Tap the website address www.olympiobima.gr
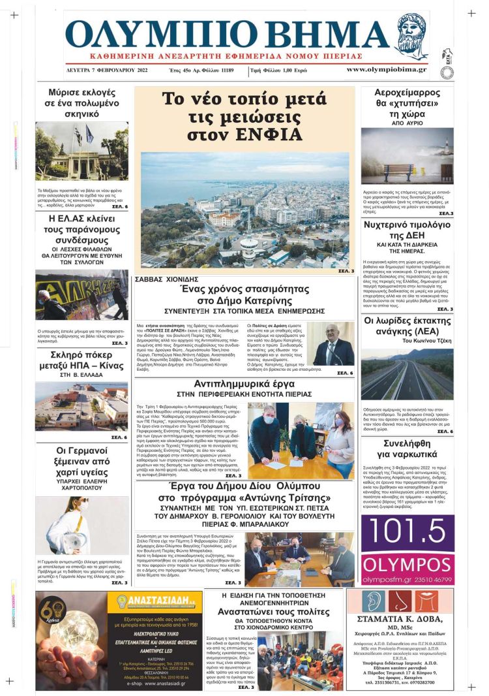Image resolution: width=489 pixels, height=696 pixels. pos(387,69)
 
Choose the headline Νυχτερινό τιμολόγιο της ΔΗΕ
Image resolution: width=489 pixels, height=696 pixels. pos(407,232)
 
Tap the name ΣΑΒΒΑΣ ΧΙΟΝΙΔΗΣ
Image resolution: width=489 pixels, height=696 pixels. pos(166,279)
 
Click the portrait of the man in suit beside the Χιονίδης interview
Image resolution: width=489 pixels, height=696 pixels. pos(333,344)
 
